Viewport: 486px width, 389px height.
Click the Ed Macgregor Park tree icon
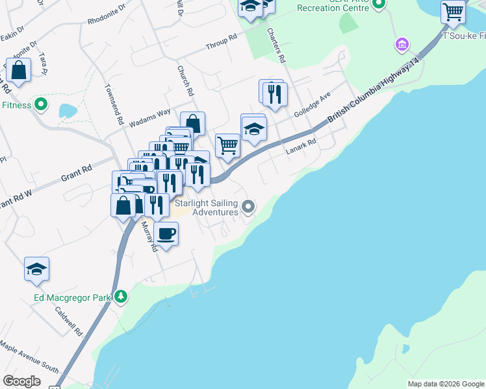tap(120, 297)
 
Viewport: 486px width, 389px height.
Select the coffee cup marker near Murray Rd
tap(166, 234)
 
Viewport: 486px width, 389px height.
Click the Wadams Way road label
tap(149, 116)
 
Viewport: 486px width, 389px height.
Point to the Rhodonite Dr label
tap(107, 15)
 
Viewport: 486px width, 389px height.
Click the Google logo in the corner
tap(21, 381)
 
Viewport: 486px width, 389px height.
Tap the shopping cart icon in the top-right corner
tap(453, 12)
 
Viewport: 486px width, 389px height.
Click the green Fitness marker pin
tap(41, 104)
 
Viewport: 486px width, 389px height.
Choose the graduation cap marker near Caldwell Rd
tap(36, 269)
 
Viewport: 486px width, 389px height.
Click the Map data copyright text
tap(445, 384)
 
